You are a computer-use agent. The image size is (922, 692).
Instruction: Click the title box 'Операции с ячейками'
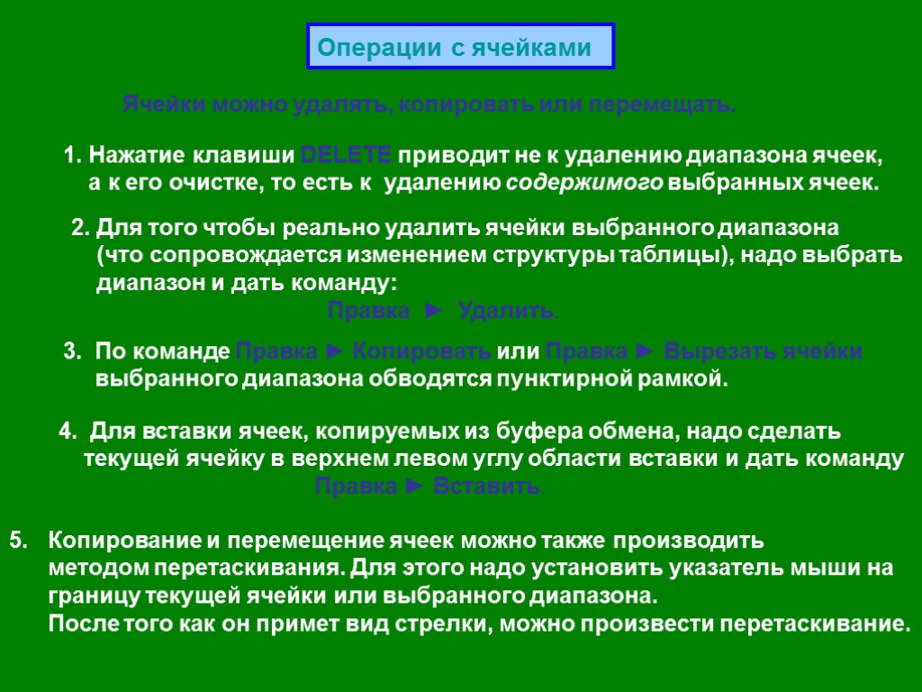[x=460, y=47]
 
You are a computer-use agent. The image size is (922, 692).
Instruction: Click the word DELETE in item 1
[x=345, y=156]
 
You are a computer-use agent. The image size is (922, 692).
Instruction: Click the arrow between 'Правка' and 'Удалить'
[x=434, y=312]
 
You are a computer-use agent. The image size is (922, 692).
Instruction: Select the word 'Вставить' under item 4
[x=486, y=487]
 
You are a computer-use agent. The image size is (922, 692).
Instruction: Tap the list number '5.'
[x=19, y=542]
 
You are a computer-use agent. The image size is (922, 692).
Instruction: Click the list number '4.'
[x=68, y=432]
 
